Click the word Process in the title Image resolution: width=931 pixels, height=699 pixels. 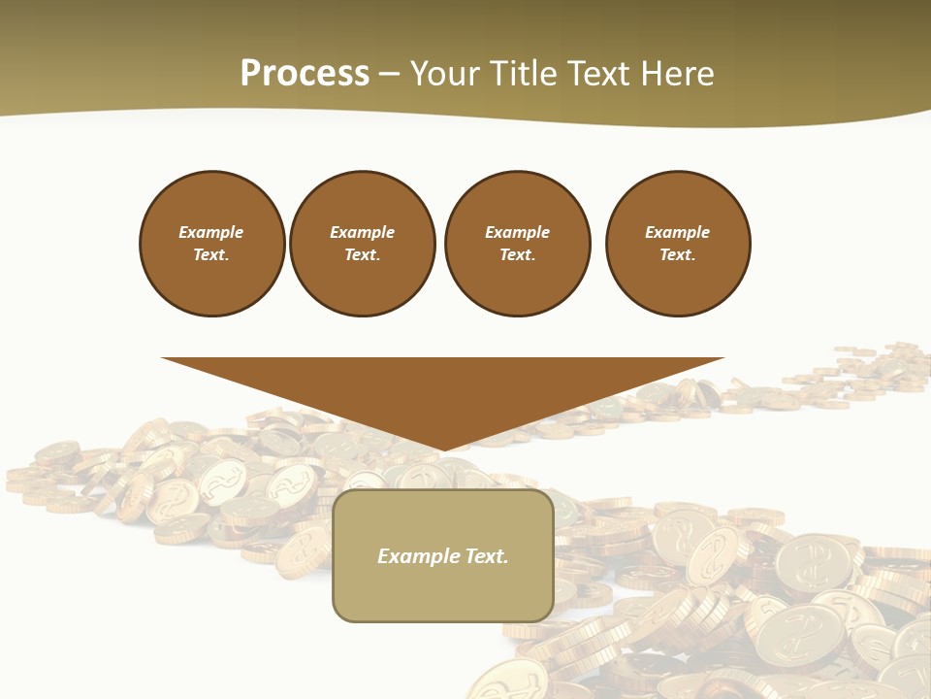coord(305,74)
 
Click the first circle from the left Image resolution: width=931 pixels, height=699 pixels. coord(212,244)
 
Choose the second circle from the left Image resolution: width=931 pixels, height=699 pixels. coord(362,244)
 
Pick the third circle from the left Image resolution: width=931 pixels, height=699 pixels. coord(517,244)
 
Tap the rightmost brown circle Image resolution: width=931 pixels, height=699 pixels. coord(678,244)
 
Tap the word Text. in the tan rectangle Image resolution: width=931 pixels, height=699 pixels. coord(485,556)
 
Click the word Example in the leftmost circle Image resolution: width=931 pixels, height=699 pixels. coord(211,232)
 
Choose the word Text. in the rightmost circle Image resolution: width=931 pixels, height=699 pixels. coord(677,255)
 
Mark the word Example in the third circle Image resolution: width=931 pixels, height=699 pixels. coord(517,232)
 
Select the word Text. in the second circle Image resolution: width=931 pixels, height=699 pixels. coord(362,255)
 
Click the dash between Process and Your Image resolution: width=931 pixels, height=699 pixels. coord(389,74)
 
